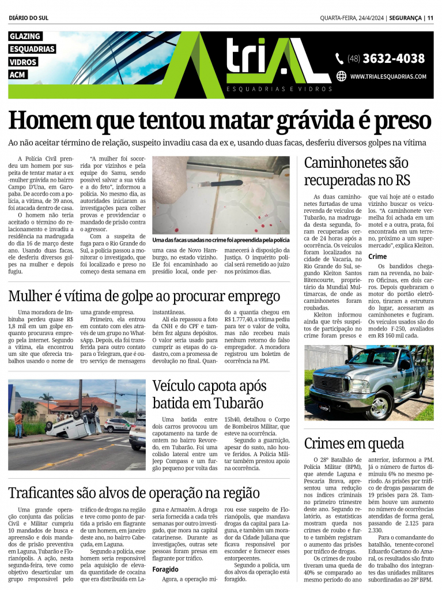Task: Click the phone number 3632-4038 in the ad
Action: click(394, 58)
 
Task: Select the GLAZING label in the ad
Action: click(25, 37)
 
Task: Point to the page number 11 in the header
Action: click(430, 18)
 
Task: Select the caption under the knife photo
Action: click(221, 239)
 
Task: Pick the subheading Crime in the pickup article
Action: click(377, 256)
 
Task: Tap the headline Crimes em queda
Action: click(346, 443)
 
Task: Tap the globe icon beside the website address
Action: click(341, 76)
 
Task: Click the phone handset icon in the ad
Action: click(340, 58)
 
